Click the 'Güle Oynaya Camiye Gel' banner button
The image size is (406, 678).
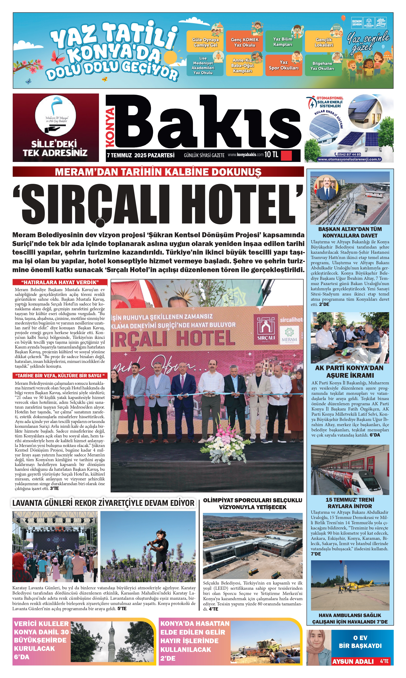pos(205,42)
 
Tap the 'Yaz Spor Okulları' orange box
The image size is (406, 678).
pos(284,66)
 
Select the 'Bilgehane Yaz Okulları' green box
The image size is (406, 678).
pos(322,66)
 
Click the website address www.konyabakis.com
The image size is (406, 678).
pos(245,155)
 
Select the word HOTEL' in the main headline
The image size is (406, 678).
pos(245,205)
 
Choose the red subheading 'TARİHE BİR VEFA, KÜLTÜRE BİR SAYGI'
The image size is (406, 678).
pos(60,375)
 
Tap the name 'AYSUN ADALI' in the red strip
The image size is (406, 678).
pos(353,661)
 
